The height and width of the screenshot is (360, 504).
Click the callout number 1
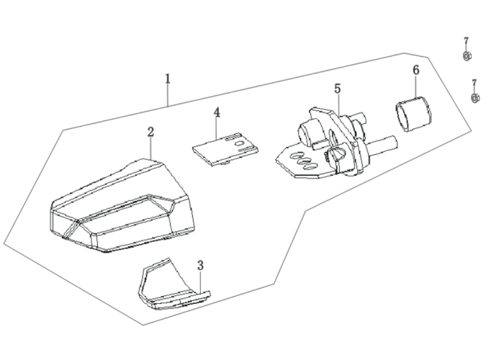[x=168, y=78]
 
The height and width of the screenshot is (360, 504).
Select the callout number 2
[x=150, y=132]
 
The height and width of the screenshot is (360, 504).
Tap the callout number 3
[x=201, y=266]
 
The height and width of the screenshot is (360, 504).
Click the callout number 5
[x=337, y=89]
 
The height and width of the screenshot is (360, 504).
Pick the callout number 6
[x=416, y=70]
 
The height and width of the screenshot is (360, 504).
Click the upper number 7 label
[x=466, y=42]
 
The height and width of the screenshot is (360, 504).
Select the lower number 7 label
[x=474, y=84]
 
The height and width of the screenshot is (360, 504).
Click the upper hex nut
[x=467, y=56]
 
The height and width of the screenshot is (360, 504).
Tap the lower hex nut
[x=475, y=97]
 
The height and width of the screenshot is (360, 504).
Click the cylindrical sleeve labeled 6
[x=413, y=114]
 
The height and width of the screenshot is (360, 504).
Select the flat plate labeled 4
[x=225, y=148]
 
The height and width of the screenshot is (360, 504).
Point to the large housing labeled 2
[x=122, y=206]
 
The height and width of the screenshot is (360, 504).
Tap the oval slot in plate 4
[x=240, y=143]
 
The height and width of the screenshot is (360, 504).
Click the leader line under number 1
[x=168, y=95]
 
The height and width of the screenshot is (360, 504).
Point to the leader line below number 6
[x=416, y=86]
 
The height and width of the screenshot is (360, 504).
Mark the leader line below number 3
[x=201, y=282]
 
